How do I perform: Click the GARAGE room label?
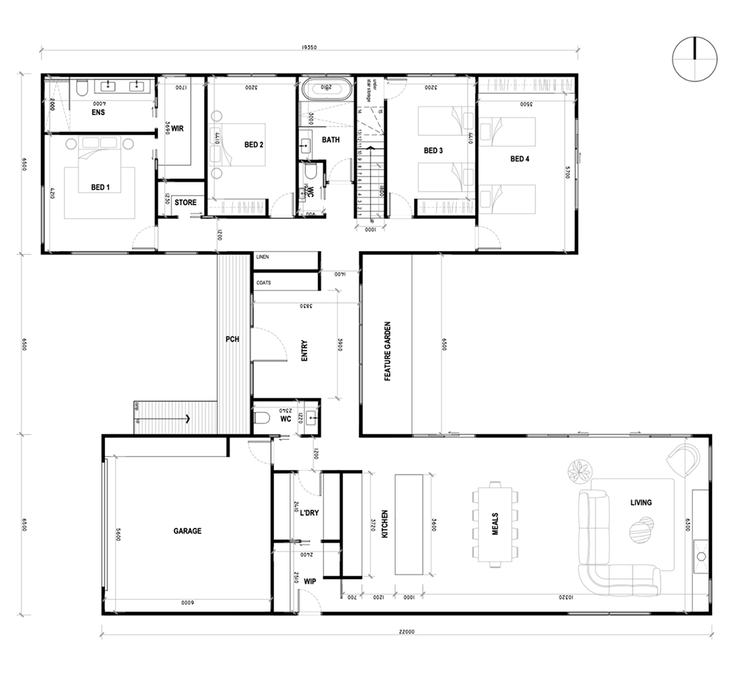pyautogui.click(x=187, y=531)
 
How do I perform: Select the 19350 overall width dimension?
pyautogui.click(x=309, y=48)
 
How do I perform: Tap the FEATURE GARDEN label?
pyautogui.click(x=387, y=350)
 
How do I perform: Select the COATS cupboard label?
pyautogui.click(x=264, y=282)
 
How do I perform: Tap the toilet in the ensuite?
pyautogui.click(x=81, y=88)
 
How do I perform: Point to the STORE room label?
pyautogui.click(x=185, y=202)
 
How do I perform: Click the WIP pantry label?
pyautogui.click(x=309, y=581)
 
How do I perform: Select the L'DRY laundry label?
pyautogui.click(x=309, y=514)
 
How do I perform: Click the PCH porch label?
pyautogui.click(x=232, y=339)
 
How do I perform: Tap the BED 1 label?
pyautogui.click(x=101, y=187)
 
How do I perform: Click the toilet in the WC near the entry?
pyautogui.click(x=262, y=417)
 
